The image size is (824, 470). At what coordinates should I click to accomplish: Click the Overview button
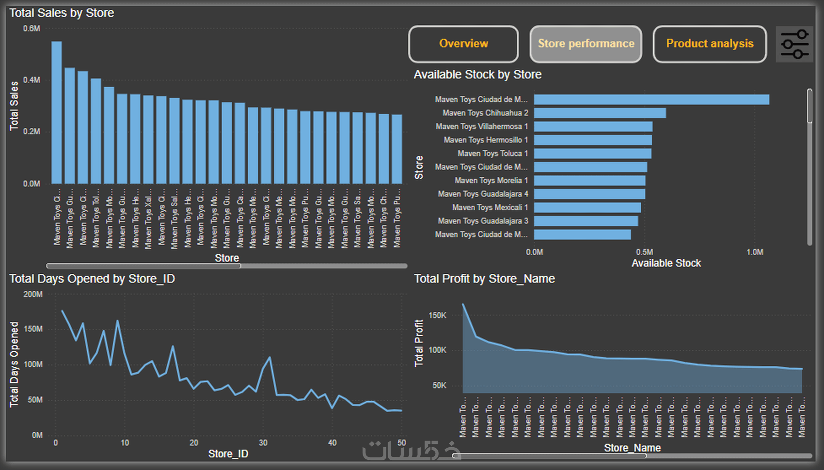click(463, 44)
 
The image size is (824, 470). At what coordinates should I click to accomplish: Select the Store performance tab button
click(586, 44)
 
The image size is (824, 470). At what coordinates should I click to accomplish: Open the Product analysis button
click(710, 44)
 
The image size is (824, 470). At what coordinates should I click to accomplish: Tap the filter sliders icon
click(794, 44)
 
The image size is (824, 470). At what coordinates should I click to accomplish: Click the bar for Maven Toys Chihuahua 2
click(600, 113)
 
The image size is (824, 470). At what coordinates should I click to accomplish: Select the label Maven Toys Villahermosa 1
click(481, 126)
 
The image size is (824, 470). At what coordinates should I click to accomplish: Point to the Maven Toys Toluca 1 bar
click(592, 154)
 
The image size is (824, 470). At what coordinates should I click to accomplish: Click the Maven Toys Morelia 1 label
click(491, 180)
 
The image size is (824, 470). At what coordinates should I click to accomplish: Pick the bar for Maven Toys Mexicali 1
click(587, 207)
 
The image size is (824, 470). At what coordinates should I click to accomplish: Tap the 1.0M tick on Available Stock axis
click(755, 252)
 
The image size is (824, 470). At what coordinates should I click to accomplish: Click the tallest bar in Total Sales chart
click(57, 111)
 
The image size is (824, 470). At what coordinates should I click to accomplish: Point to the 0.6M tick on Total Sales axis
click(32, 29)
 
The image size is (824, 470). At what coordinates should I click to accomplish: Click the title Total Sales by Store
click(62, 13)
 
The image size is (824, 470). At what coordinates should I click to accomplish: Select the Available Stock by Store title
click(477, 75)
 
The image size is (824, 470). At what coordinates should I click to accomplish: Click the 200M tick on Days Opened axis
click(33, 294)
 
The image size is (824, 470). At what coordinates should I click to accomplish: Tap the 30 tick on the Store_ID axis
click(263, 443)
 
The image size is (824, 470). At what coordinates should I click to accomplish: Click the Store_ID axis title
click(228, 454)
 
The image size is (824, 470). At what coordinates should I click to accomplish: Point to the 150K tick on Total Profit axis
click(437, 315)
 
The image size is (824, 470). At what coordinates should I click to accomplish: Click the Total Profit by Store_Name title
click(484, 279)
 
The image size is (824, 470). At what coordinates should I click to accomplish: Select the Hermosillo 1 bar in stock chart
click(592, 140)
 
